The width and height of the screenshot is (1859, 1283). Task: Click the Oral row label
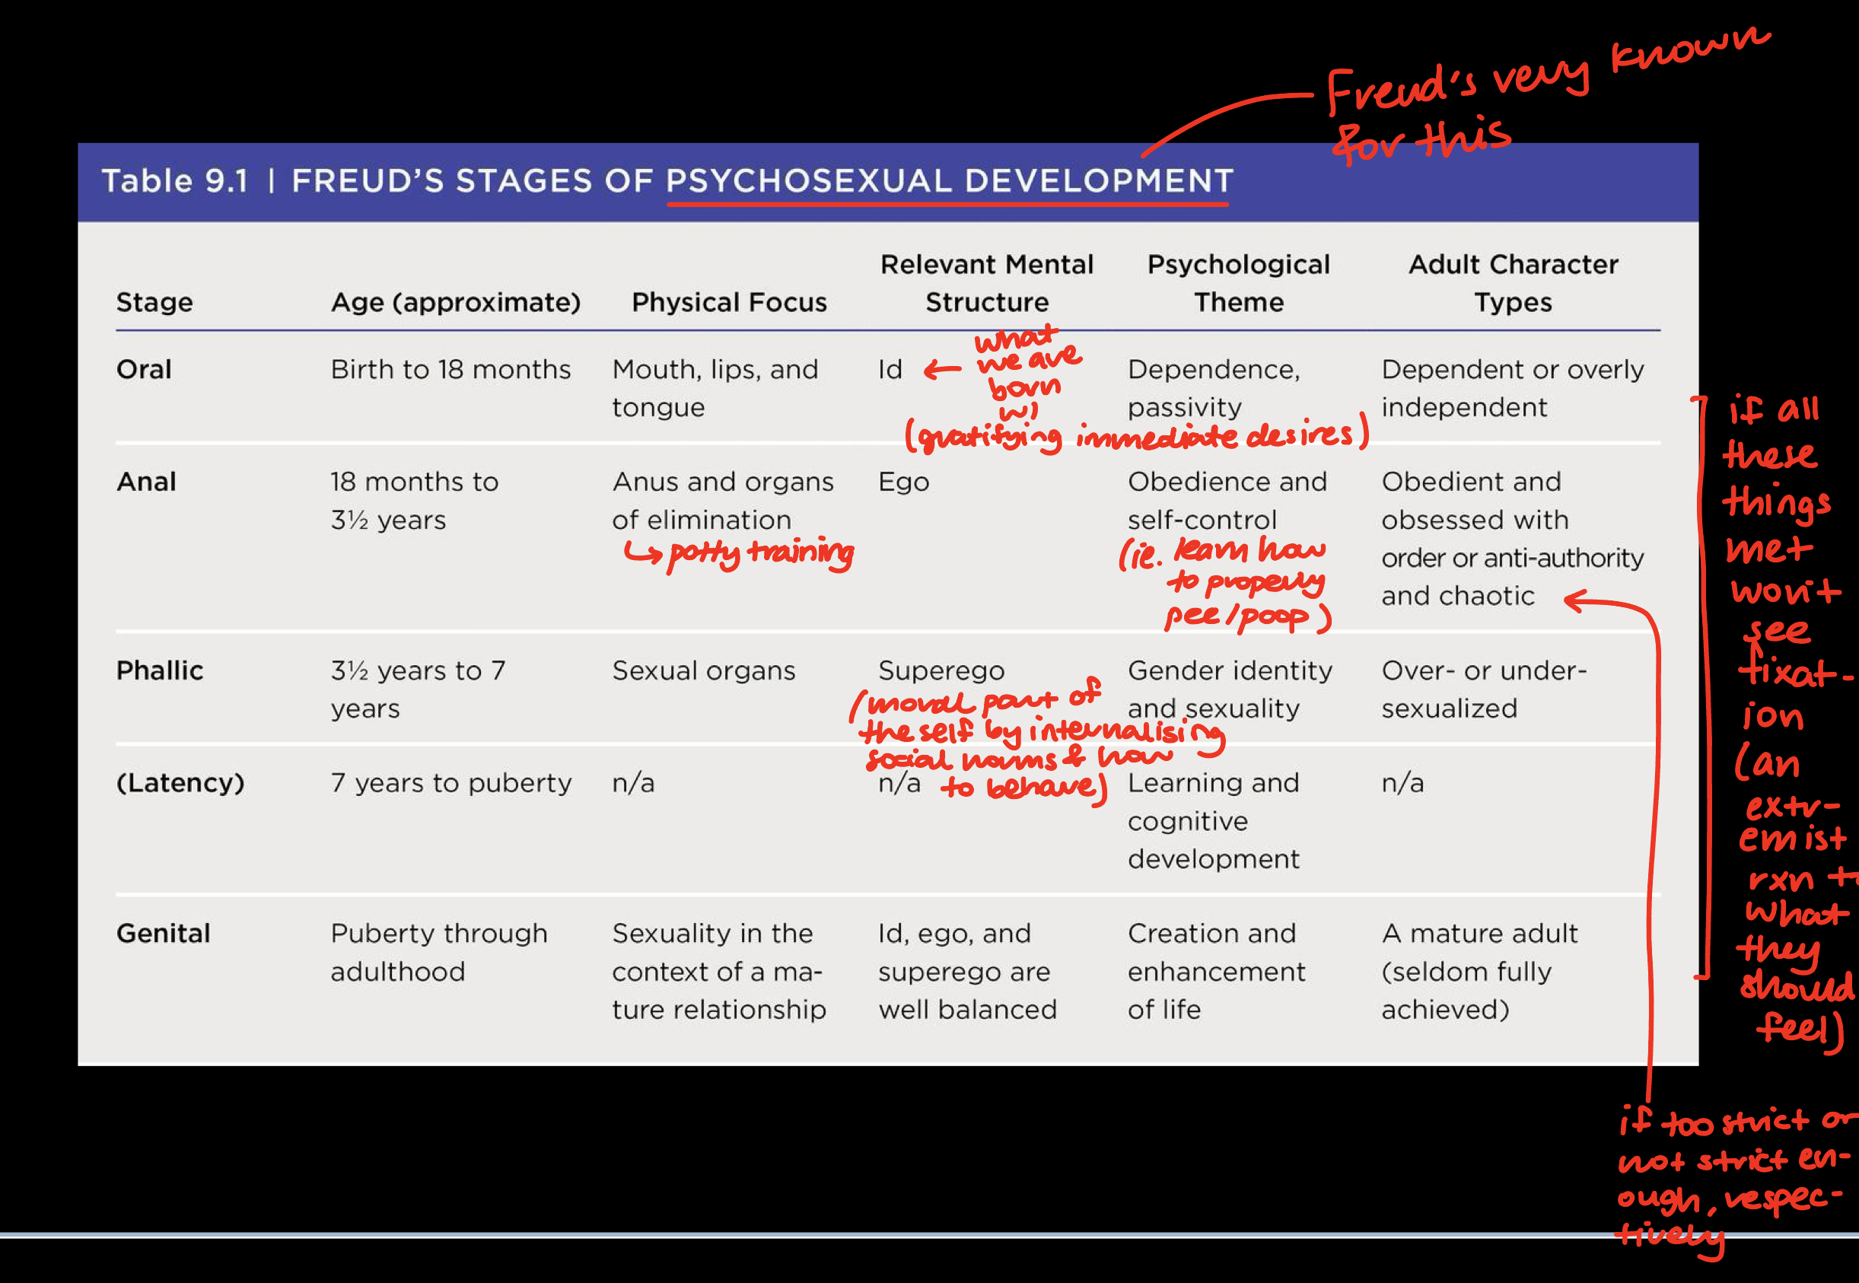tap(144, 370)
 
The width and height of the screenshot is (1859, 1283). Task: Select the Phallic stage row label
tap(159, 670)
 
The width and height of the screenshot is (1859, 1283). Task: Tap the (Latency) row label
tap(180, 783)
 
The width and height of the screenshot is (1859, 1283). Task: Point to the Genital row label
tap(163, 933)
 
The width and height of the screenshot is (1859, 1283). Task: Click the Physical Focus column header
tap(729, 302)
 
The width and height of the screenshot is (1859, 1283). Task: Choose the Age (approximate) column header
tap(455, 302)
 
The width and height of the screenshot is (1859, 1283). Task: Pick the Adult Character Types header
tap(1513, 283)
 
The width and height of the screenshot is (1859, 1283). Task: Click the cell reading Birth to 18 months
tap(450, 370)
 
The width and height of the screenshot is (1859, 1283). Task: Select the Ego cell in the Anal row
tap(903, 482)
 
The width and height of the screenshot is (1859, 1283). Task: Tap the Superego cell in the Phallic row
tap(941, 670)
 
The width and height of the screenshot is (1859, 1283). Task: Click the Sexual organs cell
tap(703, 670)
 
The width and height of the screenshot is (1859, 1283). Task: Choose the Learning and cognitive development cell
tap(1213, 821)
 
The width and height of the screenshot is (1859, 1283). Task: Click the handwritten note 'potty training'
tap(759, 553)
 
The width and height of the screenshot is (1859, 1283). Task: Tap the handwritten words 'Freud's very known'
tap(1543, 72)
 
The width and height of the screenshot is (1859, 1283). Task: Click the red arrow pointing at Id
tap(942, 370)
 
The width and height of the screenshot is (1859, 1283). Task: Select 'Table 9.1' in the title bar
tap(174, 182)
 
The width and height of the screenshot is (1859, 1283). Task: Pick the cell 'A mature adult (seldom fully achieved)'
tap(1479, 971)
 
